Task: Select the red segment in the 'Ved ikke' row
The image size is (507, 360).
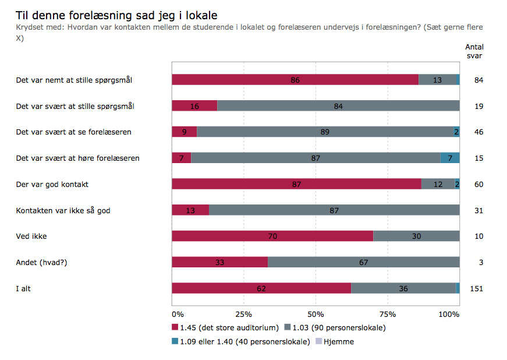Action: pos(272,236)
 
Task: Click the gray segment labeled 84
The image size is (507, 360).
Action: pos(338,106)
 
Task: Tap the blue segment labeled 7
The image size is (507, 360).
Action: pos(450,158)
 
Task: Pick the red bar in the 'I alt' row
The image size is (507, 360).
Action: pos(261,288)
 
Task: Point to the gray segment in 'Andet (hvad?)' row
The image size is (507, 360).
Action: pos(364,262)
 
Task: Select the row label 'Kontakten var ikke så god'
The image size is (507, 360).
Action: pos(63,210)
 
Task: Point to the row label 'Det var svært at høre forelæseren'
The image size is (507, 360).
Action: pos(77,158)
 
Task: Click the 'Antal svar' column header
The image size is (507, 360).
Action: pos(474,51)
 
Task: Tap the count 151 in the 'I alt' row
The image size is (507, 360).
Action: pos(477,288)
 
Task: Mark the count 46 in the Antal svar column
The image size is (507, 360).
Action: pos(479,132)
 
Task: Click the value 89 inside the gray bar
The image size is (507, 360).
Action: pos(325,132)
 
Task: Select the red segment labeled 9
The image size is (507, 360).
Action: pos(184,132)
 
